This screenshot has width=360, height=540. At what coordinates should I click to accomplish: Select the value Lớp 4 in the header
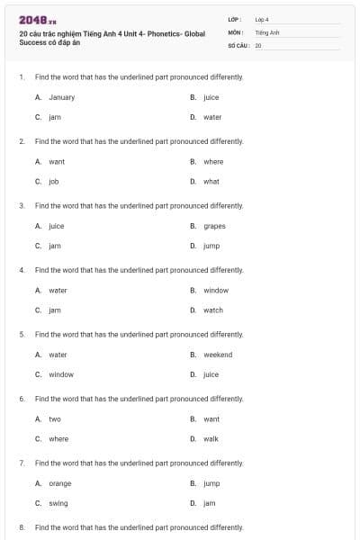tap(262, 18)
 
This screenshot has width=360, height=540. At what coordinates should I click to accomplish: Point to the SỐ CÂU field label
tap(238, 44)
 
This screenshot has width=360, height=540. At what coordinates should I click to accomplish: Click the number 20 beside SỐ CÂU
tap(258, 44)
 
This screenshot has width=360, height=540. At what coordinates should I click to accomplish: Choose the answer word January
tap(61, 97)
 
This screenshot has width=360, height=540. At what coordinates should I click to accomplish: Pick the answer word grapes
tap(214, 226)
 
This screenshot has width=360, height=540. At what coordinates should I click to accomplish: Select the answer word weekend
tap(218, 355)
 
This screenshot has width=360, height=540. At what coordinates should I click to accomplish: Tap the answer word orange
tap(60, 483)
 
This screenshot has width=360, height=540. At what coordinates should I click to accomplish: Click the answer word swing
tap(58, 503)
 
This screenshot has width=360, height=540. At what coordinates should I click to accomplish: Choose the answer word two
tap(55, 419)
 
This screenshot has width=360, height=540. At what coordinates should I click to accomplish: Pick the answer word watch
tap(213, 310)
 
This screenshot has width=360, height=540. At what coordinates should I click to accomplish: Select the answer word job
tap(54, 181)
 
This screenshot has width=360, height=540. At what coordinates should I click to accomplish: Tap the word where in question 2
tap(213, 162)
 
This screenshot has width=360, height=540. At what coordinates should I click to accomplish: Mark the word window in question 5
tap(61, 374)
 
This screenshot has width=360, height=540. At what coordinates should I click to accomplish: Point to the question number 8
tap(21, 526)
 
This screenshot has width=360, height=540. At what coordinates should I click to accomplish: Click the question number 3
tap(21, 205)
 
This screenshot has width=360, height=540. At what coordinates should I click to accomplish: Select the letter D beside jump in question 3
tap(193, 246)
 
